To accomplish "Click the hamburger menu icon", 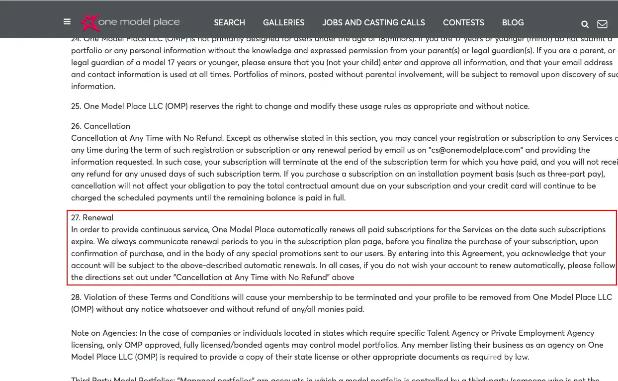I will pyautogui.click(x=67, y=22).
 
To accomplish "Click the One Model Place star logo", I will pyautogui.click(x=90, y=22).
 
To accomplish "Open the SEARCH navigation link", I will pyautogui.click(x=229, y=23).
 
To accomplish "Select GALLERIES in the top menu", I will pyautogui.click(x=283, y=23).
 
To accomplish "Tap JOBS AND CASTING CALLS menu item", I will pyautogui.click(x=373, y=23).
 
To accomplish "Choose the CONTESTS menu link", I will pyautogui.click(x=463, y=23).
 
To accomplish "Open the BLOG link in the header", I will pyautogui.click(x=513, y=23).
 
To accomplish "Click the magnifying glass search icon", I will pyautogui.click(x=585, y=24).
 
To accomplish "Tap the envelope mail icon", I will pyautogui.click(x=602, y=24).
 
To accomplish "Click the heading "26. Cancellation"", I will pyautogui.click(x=100, y=126).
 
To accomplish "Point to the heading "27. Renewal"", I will pyautogui.click(x=92, y=218).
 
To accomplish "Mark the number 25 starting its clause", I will pyautogui.click(x=76, y=106).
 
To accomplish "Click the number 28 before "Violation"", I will pyautogui.click(x=76, y=297).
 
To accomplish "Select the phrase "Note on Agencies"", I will pyautogui.click(x=104, y=333).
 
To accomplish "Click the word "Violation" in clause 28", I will pyautogui.click(x=101, y=297).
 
